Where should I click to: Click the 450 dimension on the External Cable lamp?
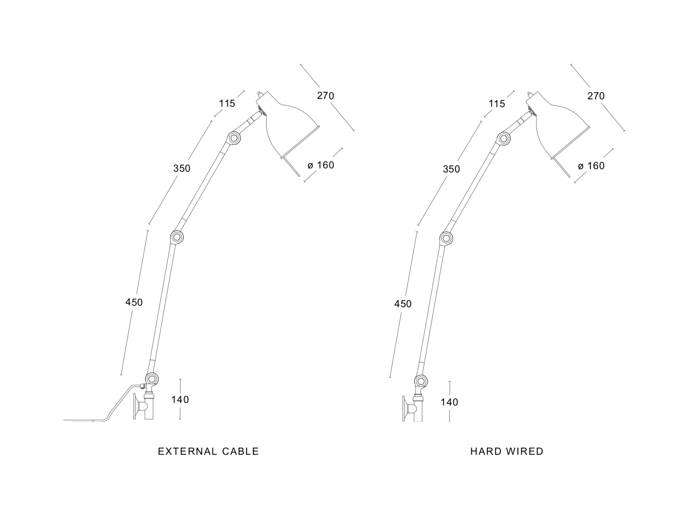134,302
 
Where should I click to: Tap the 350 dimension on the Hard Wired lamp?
451,169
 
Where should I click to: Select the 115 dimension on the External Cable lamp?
227,104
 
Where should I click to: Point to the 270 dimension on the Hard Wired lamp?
596,96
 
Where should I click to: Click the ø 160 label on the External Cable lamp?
321,165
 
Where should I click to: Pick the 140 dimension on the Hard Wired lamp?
450,402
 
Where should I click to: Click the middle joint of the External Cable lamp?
177,237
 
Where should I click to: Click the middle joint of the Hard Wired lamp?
446,238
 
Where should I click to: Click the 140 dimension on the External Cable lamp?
180,400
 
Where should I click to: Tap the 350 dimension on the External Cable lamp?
182,169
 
